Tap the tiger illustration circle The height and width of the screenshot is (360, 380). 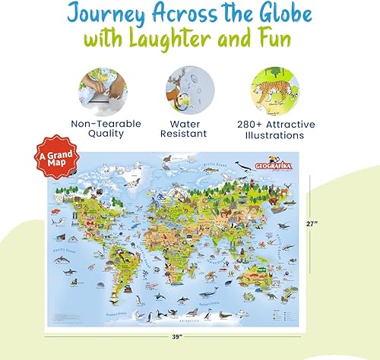coord(274,87)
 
